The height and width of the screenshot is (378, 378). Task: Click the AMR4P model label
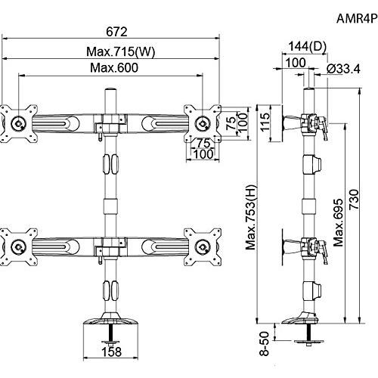coord(357,18)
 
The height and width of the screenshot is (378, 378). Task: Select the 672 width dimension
coord(116,32)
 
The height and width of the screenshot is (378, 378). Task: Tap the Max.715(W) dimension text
coord(121,51)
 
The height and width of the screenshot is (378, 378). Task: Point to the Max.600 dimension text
coord(114,68)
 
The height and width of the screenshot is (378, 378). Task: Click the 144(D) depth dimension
coord(307,47)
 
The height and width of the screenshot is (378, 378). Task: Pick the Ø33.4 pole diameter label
coord(344,69)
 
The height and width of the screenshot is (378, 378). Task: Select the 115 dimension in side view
coord(265,122)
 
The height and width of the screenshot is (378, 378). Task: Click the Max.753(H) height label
coord(252,217)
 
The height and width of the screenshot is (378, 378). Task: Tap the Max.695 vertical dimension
coord(339,222)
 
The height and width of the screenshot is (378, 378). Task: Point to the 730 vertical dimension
coord(354,200)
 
